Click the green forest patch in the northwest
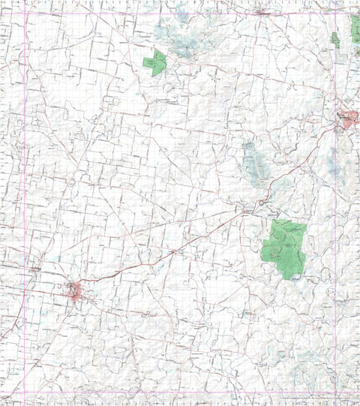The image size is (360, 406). point(155,62)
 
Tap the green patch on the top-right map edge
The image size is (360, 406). point(355,28)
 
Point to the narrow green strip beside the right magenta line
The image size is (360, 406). point(335,40)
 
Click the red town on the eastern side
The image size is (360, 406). point(347,118)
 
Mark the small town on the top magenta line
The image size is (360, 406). point(261,13)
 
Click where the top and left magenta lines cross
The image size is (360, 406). point(25,13)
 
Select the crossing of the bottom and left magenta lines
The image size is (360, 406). point(25,392)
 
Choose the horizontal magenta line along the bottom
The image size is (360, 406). point(180,392)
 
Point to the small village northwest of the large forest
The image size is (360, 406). point(247,208)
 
